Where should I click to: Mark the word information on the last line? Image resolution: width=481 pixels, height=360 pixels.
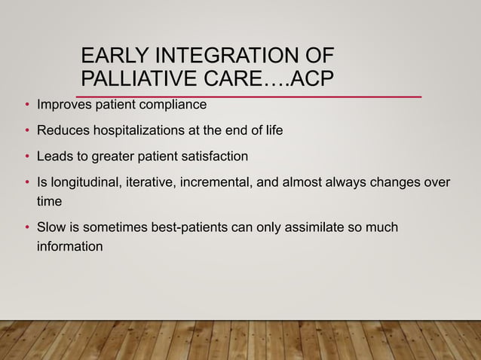pos(70,246)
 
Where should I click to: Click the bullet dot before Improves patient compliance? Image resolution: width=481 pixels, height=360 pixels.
pos(27,105)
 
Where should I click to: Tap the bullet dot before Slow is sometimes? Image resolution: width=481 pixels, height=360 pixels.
pos(27,227)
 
